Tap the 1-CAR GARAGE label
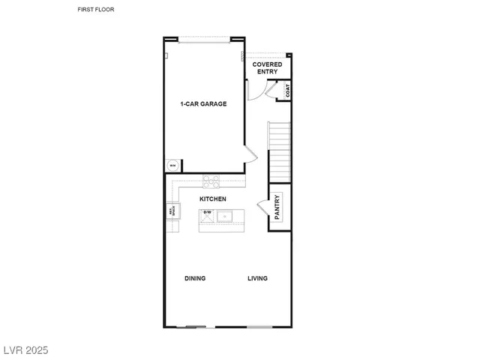point(202,103)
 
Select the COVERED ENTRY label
point(268,68)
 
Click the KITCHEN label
point(213,199)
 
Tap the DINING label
point(195,278)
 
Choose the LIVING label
point(258,278)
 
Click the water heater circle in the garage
point(172,166)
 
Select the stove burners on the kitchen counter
point(212,180)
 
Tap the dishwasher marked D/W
point(208,214)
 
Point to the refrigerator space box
point(172,211)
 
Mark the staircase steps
point(279,146)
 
